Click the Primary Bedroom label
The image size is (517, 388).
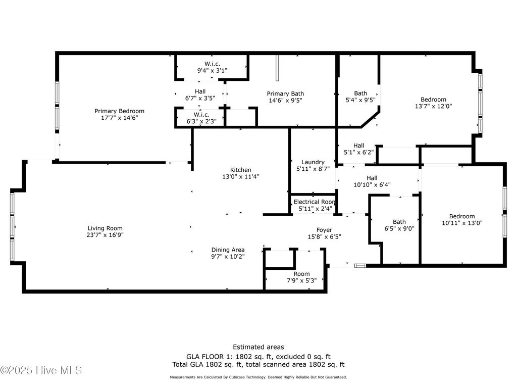coord(120,111)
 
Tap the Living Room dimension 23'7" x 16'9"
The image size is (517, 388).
coord(105,235)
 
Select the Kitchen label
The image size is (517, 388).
coord(241,170)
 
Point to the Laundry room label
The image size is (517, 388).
coord(313,162)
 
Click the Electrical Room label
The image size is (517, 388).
coord(315,202)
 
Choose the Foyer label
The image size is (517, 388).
coord(324,230)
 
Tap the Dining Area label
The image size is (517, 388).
coord(228,250)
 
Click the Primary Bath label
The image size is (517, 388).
coord(285,93)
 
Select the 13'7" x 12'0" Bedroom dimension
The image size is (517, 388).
coord(433,107)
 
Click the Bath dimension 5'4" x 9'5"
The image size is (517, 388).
coord(360,100)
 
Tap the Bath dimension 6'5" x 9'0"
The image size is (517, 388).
coord(399,228)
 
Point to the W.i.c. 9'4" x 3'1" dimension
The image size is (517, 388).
coord(212,71)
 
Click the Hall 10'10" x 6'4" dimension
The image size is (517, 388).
coord(372,185)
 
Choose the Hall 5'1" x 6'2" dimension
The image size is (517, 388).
coord(359,152)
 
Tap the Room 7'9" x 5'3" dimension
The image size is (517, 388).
coord(302,281)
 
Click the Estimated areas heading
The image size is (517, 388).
coord(258,347)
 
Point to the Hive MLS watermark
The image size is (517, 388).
coord(41,370)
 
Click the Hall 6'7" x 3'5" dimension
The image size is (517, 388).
coord(200,98)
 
